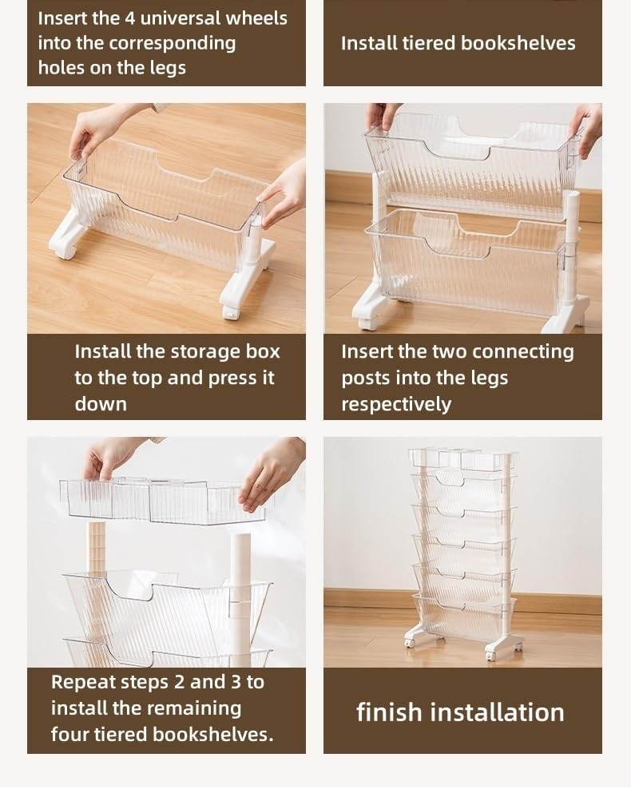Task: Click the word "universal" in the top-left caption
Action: click(180, 18)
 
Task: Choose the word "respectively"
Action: click(396, 404)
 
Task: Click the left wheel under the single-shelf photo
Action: click(65, 251)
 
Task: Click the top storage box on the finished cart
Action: click(462, 458)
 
